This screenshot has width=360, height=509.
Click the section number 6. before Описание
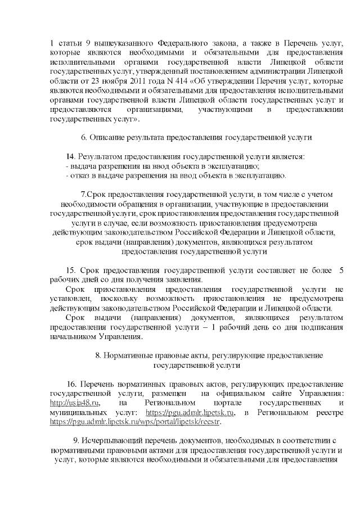click(84, 137)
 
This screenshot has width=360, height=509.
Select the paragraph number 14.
click(70, 155)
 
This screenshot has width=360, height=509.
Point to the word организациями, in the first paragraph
click(151, 109)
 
